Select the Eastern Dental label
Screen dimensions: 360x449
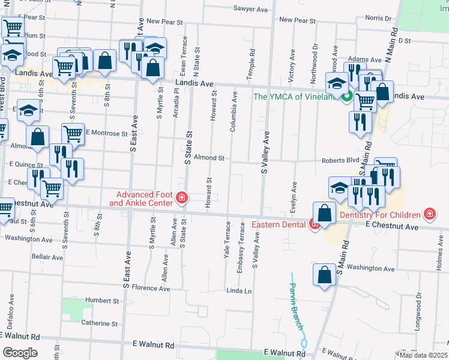[280, 225]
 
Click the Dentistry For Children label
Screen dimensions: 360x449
[380, 215]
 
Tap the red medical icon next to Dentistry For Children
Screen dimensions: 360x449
[429, 214]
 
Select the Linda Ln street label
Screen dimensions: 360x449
[238, 291]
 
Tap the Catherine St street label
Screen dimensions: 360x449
[100, 323]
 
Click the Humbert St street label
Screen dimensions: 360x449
[103, 300]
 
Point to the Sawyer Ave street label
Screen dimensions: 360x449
[250, 9]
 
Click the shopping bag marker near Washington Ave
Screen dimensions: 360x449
[324, 275]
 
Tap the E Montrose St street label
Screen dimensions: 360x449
[107, 133]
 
